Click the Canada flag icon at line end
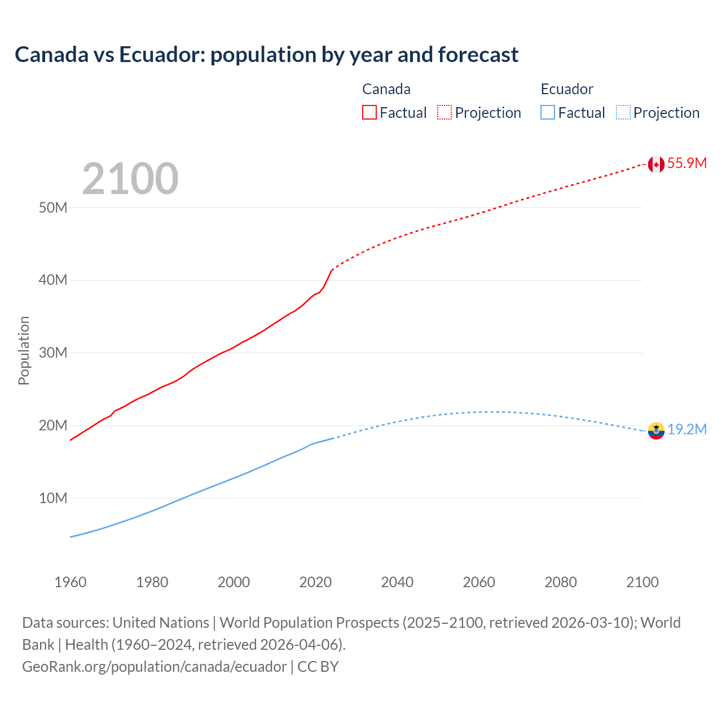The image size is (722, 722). pyautogui.click(x=655, y=164)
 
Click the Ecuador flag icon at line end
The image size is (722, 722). pyautogui.click(x=655, y=430)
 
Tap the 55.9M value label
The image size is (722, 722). pyautogui.click(x=686, y=164)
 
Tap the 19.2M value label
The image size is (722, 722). pyautogui.click(x=686, y=430)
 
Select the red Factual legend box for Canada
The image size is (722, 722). pyautogui.click(x=369, y=112)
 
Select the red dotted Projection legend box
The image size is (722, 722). pyautogui.click(x=444, y=112)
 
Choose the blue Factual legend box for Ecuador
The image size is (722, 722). pyautogui.click(x=547, y=112)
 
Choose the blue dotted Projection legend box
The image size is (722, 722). pyautogui.click(x=623, y=112)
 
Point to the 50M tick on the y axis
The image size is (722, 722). pyautogui.click(x=53, y=208)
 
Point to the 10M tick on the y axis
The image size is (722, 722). pyautogui.click(x=53, y=498)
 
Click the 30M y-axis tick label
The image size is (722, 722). pyautogui.click(x=53, y=353)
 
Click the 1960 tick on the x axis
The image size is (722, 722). pyautogui.click(x=71, y=582)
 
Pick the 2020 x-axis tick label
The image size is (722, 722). pyautogui.click(x=315, y=582)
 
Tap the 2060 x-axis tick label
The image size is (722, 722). pyautogui.click(x=479, y=582)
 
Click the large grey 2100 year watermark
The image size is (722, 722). pyautogui.click(x=130, y=179)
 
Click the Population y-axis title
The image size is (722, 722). pyautogui.click(x=24, y=350)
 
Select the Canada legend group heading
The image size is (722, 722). pyautogui.click(x=386, y=89)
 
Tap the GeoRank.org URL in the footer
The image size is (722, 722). pyautogui.click(x=154, y=667)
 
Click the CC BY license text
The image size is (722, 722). pyautogui.click(x=318, y=667)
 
